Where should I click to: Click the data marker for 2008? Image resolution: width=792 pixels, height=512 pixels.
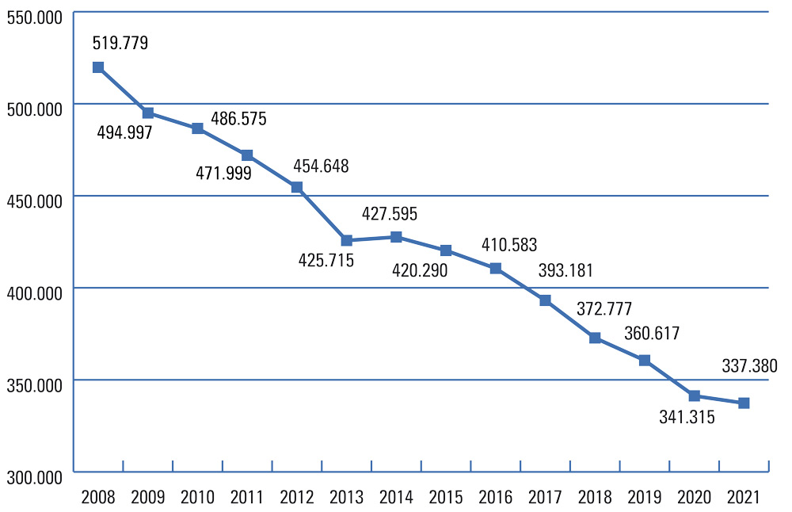(98, 67)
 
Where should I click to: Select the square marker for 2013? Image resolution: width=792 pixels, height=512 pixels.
(346, 240)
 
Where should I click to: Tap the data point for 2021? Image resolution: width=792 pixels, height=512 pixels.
(744, 403)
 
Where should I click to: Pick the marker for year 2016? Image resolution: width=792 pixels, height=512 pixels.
(496, 269)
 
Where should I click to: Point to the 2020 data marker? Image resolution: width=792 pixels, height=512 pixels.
(695, 395)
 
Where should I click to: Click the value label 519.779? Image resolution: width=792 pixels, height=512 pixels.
(120, 43)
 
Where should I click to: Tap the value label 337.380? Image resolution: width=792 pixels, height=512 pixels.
(750, 366)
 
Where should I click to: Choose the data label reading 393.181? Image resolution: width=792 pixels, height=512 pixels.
(565, 272)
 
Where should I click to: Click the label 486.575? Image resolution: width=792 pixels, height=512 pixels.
(238, 119)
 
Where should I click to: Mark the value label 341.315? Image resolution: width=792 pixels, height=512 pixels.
(687, 417)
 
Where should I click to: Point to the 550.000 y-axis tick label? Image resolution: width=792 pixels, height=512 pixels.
(34, 17)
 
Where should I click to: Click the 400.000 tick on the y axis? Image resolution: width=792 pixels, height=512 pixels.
(34, 293)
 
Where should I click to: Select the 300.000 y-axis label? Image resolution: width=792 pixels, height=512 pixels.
(34, 477)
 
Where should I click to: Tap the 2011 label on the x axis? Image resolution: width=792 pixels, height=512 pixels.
(247, 498)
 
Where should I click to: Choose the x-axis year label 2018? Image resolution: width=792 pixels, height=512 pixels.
(595, 498)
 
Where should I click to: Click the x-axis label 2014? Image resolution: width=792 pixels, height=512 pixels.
(396, 498)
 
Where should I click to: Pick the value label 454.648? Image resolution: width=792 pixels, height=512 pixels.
(321, 166)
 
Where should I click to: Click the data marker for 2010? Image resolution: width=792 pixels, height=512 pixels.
(198, 128)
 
